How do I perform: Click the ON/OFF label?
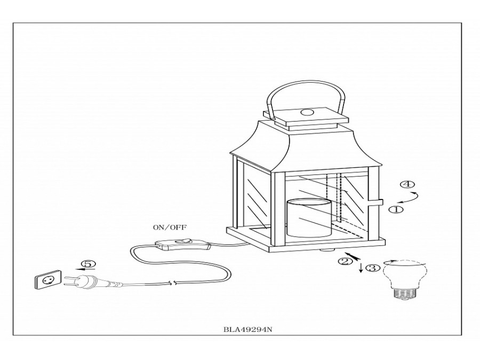[168, 227]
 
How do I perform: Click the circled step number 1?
[395, 209]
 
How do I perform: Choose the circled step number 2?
[345, 261]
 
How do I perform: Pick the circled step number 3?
[373, 268]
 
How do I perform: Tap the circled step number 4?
[407, 185]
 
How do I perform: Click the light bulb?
[402, 280]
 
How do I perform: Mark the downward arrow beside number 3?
[361, 266]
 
